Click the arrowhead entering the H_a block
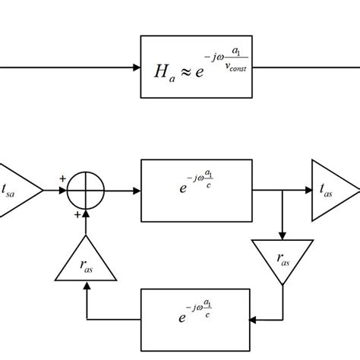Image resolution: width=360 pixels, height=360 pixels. click(x=136, y=67)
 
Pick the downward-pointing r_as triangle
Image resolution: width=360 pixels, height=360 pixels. click(x=283, y=259)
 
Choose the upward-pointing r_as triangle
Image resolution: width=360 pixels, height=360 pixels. click(x=86, y=263)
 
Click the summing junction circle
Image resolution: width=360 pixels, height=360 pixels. click(x=86, y=191)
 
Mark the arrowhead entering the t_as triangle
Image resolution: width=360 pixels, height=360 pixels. click(x=307, y=191)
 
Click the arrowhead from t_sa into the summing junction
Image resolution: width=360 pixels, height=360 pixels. click(x=64, y=191)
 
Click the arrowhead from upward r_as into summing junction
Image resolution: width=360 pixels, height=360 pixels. click(x=86, y=213)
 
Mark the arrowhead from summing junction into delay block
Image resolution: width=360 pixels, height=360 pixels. click(x=136, y=191)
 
